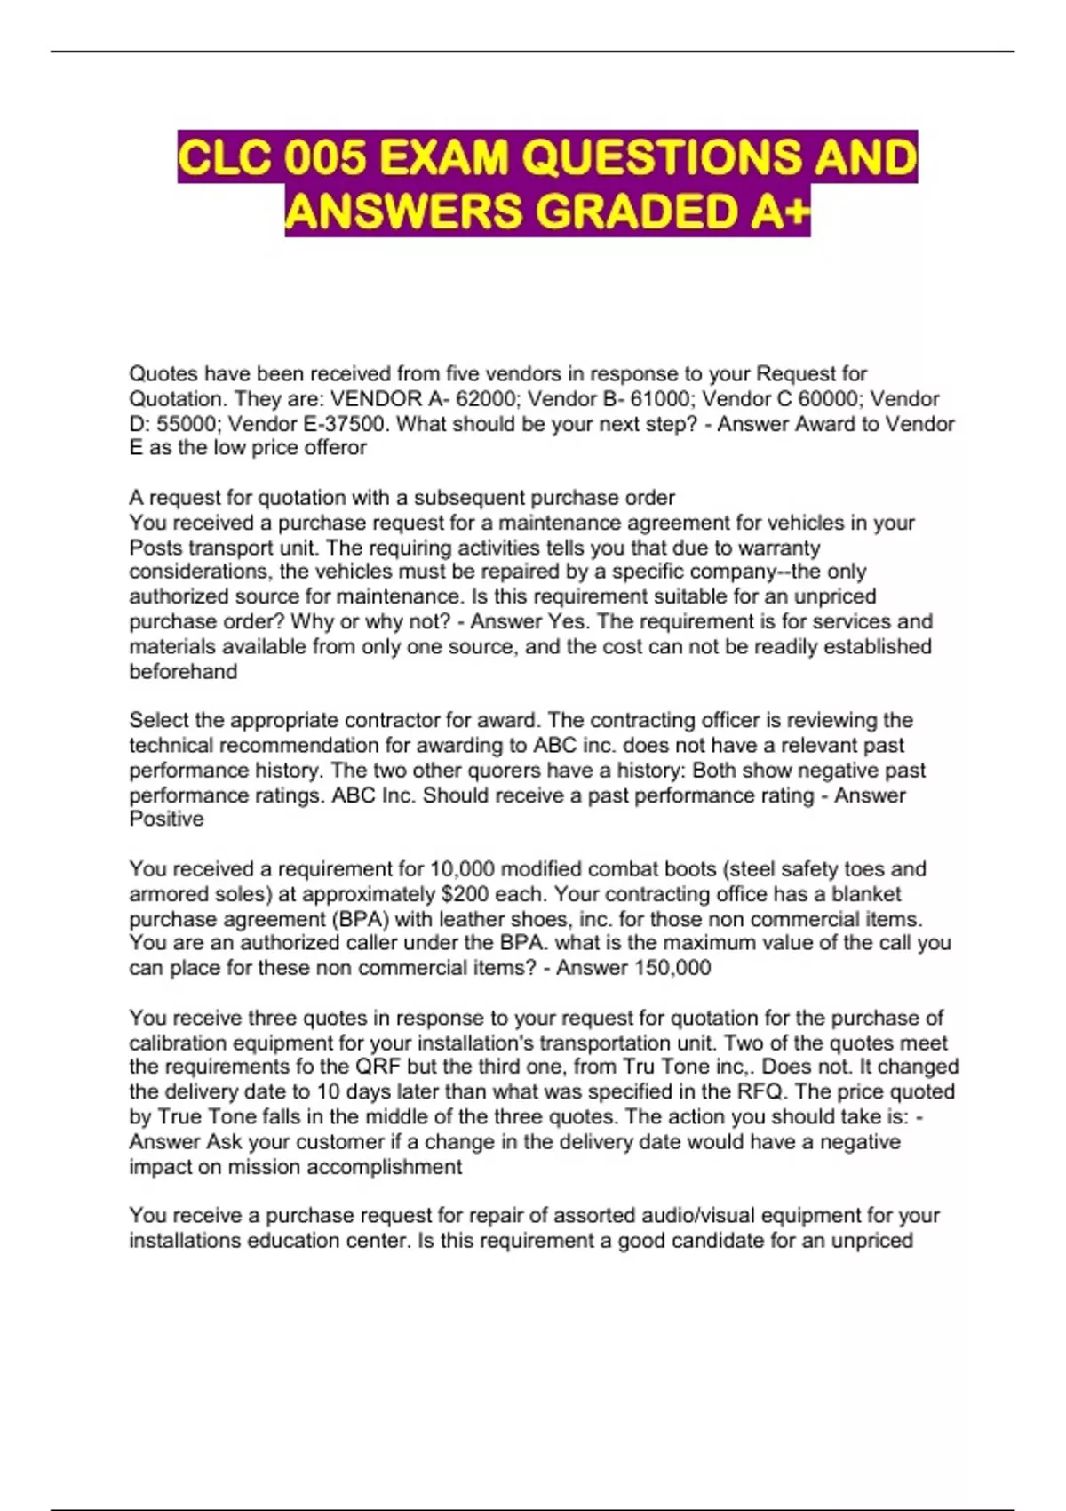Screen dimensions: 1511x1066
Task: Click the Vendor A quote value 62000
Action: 484,399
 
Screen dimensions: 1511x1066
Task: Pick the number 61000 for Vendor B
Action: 660,399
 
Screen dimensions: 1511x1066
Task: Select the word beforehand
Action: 183,672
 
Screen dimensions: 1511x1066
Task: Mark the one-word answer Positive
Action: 166,819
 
